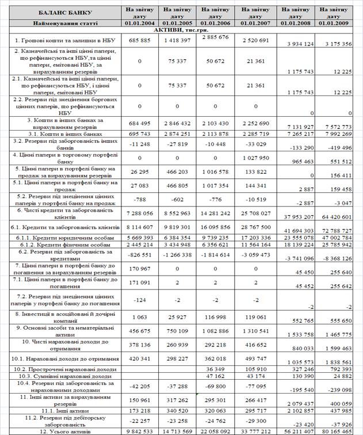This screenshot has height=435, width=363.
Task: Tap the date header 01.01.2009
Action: click(x=338, y=22)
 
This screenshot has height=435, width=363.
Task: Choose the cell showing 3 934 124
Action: click(x=297, y=44)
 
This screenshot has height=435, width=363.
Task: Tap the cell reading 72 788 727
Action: click(x=338, y=230)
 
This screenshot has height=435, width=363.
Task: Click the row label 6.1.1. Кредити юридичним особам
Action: click(x=60, y=236)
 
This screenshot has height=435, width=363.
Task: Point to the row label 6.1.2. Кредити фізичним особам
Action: click(x=60, y=245)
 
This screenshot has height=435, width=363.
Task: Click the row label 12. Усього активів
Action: click(x=60, y=430)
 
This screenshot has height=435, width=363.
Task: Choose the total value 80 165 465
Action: click(x=338, y=430)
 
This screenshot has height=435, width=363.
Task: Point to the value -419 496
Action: click(x=338, y=147)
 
